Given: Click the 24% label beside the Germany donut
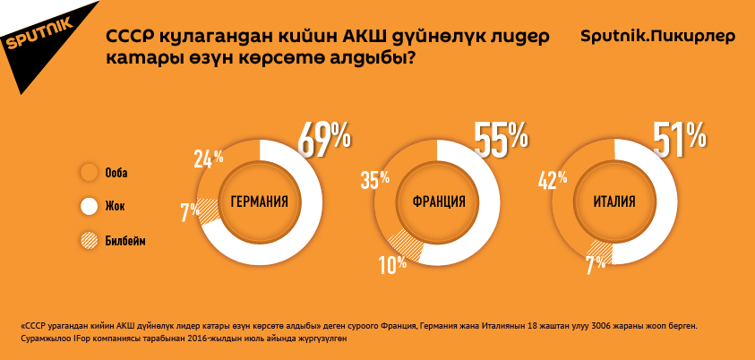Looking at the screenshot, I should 208,160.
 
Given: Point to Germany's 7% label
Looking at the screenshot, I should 190,212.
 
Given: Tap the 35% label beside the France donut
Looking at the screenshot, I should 375,180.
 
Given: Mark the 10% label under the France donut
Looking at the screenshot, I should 392,264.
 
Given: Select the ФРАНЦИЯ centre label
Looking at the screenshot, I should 439,202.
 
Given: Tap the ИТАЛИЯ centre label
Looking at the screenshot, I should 614,202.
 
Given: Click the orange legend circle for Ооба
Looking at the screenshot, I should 89,172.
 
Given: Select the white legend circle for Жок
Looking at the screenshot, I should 89,206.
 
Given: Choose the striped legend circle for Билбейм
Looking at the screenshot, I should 89,240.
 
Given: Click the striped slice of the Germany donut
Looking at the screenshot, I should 208,210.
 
